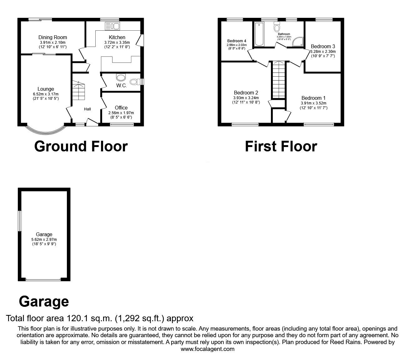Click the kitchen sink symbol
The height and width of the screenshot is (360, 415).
(112, 26)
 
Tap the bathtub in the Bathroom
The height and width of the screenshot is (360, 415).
(259, 34)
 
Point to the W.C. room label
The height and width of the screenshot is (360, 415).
(121, 85)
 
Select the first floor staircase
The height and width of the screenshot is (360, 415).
(278, 80)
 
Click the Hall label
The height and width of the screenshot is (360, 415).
(87, 109)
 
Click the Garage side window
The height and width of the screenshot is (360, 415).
(20, 221)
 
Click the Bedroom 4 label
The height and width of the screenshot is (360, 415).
(237, 41)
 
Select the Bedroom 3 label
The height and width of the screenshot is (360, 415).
(323, 46)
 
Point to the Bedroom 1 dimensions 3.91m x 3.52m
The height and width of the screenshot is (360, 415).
(313, 103)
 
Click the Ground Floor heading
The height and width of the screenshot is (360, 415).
(81, 146)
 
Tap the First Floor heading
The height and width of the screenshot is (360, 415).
(281, 146)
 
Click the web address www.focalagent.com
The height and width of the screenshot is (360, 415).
(207, 349)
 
